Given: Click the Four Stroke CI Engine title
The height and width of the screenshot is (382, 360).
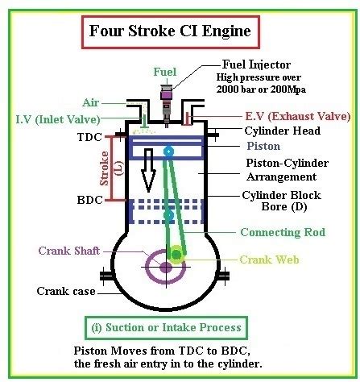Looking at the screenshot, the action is coord(170,31).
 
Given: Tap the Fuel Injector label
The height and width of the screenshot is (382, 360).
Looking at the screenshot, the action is coord(256,64).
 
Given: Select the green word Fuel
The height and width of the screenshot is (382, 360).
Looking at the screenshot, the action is coord(165,72).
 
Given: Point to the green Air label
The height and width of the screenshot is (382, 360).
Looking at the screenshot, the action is coord(91,102).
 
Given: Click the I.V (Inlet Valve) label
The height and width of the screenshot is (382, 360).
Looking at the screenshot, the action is coord(58,119).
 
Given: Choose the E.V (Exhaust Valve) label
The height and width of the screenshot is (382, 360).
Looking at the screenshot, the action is coord(298,116).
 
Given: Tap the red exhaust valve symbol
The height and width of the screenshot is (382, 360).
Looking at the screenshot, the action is coord(188,119).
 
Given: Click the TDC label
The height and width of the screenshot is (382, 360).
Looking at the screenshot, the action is coord(89,137).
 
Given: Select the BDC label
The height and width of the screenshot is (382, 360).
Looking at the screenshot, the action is coord(90,200).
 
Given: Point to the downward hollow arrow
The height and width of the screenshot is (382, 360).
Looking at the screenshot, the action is coord(148,171).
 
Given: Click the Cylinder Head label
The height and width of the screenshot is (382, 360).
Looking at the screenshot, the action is coord(283,131).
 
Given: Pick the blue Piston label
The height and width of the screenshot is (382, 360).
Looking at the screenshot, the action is coord(263,146).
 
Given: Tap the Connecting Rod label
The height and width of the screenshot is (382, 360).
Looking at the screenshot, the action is coord(283,232).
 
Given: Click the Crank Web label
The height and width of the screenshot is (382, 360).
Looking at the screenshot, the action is coord(269,260).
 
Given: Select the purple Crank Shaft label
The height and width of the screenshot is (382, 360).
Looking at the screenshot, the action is coord(69,251).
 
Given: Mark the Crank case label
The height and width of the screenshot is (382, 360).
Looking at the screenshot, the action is coord(66,291).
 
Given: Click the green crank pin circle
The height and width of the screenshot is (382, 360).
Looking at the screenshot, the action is coord(176,254).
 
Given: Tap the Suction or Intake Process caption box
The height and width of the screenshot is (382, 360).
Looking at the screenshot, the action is coord(166,328).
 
